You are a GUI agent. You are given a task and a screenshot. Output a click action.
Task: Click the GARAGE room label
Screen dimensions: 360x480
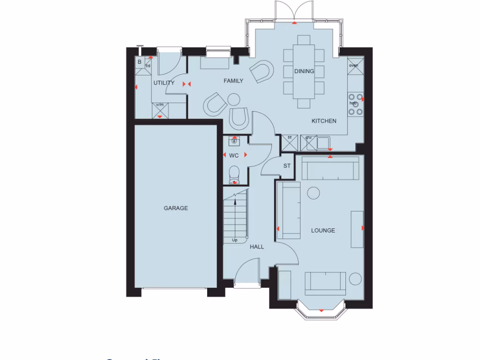click(x=176, y=208)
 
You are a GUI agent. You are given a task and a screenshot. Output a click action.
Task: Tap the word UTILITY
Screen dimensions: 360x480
click(x=164, y=83)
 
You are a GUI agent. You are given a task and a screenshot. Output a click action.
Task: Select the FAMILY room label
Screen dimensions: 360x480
click(x=233, y=81)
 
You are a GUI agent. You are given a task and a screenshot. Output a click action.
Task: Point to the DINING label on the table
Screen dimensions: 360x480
click(x=304, y=71)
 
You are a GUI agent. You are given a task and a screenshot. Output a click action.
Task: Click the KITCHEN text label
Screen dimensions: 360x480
click(x=324, y=121)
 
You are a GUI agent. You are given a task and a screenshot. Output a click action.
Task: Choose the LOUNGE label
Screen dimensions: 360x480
click(x=323, y=231)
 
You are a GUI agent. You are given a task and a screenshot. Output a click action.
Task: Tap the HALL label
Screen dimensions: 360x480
click(x=257, y=247)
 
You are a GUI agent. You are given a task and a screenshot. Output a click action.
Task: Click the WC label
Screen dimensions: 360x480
click(x=234, y=155)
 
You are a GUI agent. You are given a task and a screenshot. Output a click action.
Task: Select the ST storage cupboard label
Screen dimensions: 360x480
click(x=287, y=166)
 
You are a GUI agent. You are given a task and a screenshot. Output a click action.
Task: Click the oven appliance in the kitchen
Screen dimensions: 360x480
click(x=353, y=65)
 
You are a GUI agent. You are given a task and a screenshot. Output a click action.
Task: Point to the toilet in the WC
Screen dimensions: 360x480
click(x=234, y=174)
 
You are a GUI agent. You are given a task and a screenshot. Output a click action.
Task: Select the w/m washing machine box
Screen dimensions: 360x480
click(x=160, y=110)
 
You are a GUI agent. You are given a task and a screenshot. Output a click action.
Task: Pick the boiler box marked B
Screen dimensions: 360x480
click(x=139, y=62)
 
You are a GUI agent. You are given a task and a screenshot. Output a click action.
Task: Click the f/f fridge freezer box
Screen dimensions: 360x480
click(x=289, y=142)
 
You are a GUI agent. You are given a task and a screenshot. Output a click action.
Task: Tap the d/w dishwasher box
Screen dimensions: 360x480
click(x=308, y=142)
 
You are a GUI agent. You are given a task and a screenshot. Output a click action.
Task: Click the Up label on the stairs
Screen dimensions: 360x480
click(x=235, y=240)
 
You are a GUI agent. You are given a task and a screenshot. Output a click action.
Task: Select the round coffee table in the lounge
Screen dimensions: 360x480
click(x=313, y=192)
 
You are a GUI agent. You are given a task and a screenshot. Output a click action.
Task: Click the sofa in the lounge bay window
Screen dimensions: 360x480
click(x=325, y=283)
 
